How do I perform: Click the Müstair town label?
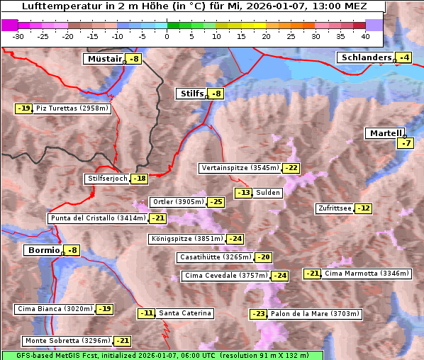104,59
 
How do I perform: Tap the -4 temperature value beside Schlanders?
404,57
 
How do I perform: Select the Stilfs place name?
191,93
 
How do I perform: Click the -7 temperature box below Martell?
404,143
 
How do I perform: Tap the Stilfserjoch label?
108,179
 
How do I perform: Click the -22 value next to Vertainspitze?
291,168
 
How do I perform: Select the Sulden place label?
268,193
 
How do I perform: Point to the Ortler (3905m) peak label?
177,202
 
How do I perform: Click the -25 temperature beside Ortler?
216,202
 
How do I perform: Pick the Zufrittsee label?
334,208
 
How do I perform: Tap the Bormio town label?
43,250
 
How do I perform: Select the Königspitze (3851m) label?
186,239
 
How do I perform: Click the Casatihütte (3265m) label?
215,257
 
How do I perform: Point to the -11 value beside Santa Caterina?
147,313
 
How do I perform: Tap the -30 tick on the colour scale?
19,35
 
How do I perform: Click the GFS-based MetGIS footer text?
162,355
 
